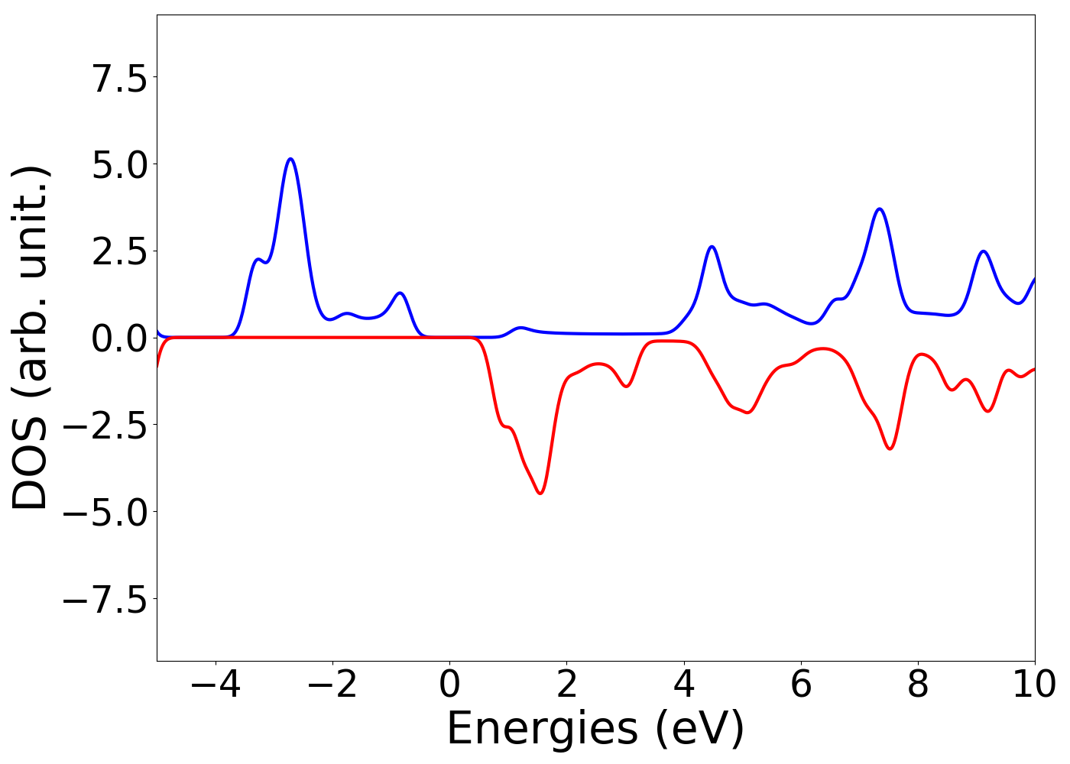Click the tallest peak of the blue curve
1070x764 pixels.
coord(290,159)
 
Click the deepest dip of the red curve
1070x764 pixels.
coord(540,494)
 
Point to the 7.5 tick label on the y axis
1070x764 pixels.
coord(120,78)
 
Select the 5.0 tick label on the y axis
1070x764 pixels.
coord(120,165)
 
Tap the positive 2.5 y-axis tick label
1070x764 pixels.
coord(120,252)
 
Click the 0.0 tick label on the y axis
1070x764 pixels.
coord(120,338)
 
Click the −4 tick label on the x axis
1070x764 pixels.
coord(216,685)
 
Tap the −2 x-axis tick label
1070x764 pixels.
coord(332,685)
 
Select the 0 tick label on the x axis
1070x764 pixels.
coord(449,685)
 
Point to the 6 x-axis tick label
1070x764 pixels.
coord(801,685)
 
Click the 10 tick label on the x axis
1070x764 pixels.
coord(1033,685)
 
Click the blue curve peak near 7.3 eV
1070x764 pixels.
coord(880,209)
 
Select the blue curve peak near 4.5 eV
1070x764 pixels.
coord(712,246)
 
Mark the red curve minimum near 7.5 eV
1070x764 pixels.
coord(890,448)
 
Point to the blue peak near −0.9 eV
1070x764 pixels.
coord(399,293)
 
